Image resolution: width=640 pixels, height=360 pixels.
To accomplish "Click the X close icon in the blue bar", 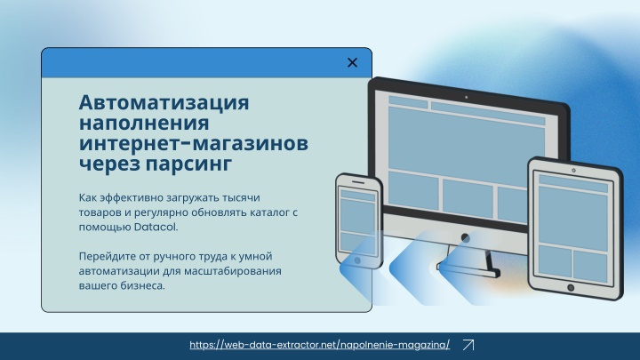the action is [x=352, y=62].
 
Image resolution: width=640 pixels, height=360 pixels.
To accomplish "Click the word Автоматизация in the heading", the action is [x=164, y=102].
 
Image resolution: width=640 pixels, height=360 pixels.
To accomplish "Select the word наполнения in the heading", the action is [x=144, y=124].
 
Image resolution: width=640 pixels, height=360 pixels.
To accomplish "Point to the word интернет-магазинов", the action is [x=194, y=144].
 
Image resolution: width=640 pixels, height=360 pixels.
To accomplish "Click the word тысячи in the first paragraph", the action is [x=241, y=198].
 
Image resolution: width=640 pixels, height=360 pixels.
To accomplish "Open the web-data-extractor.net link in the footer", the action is [x=320, y=345].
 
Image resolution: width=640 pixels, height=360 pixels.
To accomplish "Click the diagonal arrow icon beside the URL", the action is [x=468, y=345].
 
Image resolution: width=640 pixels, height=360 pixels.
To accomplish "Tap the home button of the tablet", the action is [x=571, y=288].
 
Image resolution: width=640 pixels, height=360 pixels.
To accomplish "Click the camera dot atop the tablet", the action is [x=573, y=170].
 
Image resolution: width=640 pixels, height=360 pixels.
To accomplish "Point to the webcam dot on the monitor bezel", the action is [x=466, y=97].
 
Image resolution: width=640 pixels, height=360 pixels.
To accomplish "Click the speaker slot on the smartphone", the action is [x=358, y=182].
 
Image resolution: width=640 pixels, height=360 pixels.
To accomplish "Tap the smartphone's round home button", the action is [x=357, y=260].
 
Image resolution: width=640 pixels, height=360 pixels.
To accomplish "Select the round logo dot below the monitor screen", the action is [x=465, y=237].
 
